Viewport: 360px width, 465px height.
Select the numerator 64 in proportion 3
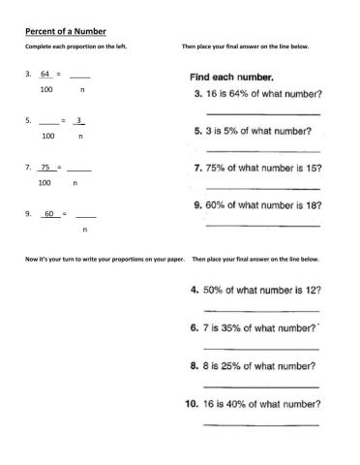pyautogui.click(x=45, y=74)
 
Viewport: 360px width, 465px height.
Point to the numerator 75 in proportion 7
pyautogui.click(x=45, y=167)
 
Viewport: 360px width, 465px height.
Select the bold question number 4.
pyautogui.click(x=195, y=290)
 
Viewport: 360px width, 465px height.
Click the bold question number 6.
pyautogui.click(x=195, y=329)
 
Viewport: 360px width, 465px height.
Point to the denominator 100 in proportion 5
pyautogui.click(x=48, y=137)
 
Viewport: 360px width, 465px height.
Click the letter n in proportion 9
pyautogui.click(x=84, y=230)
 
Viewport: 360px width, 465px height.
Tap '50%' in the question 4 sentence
pyautogui.click(x=219, y=290)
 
